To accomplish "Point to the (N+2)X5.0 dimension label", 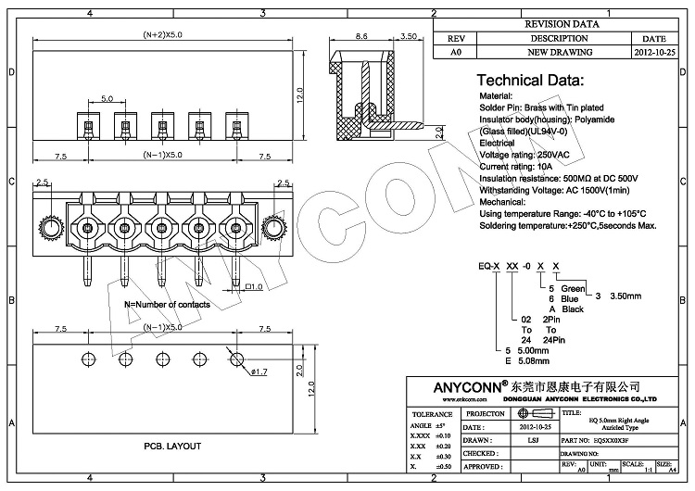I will click(x=162, y=34).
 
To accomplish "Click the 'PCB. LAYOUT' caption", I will click(x=173, y=447).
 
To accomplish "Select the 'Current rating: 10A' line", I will click(x=521, y=164).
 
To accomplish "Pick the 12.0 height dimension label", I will click(x=299, y=95).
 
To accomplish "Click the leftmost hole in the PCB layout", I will click(x=88, y=359).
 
